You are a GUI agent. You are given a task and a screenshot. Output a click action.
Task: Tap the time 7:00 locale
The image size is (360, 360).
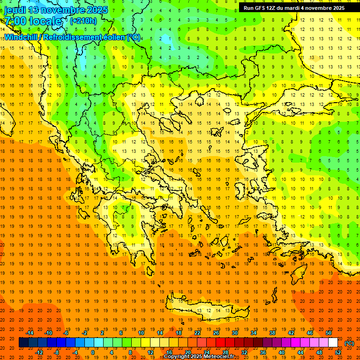coord(33,21)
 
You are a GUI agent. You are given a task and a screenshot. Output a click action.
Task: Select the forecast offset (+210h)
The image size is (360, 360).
coord(83,21)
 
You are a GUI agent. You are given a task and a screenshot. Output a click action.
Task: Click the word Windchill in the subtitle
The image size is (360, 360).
coord(22,37)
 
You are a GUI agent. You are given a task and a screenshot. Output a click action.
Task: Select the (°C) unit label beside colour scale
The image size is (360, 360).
coord(349,343)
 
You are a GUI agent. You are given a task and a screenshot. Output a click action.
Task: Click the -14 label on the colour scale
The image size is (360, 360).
coord(30,333)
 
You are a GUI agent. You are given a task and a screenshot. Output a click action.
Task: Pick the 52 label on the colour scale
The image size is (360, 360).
coord(338,352)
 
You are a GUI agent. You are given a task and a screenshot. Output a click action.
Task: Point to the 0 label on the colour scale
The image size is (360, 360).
coord(93,352)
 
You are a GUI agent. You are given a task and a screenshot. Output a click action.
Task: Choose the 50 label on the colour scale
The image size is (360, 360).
coord(328,333)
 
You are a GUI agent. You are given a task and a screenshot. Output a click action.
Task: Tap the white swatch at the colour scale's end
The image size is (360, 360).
coord(333,343)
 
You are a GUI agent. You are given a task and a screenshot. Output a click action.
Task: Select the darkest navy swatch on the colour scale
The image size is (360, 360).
coord(23,343)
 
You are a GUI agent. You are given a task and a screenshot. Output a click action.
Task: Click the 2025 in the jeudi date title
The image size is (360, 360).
coord(96,9)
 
